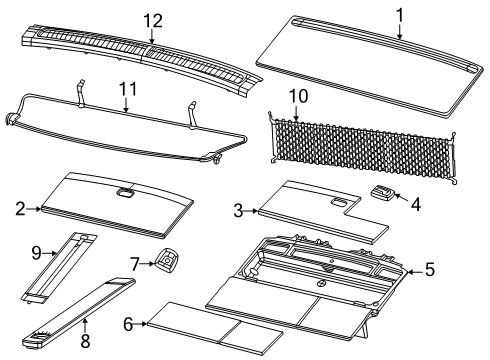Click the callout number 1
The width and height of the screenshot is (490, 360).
pos(399,15)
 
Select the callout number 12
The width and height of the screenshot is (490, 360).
pos(152,21)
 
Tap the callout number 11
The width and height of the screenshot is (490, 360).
pos(125,89)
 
